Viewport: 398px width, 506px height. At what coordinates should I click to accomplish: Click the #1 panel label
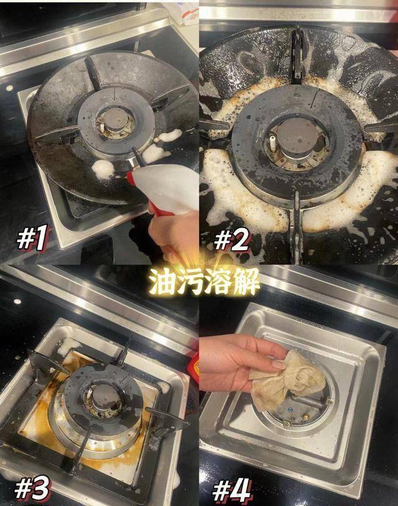(32, 240)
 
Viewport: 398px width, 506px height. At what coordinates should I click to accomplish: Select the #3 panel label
(33, 489)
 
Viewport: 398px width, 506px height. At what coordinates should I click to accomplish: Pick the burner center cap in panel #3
(99, 394)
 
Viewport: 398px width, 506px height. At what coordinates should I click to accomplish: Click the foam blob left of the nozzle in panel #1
(103, 168)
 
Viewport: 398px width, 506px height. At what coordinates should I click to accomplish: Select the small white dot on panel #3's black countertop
(17, 301)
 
